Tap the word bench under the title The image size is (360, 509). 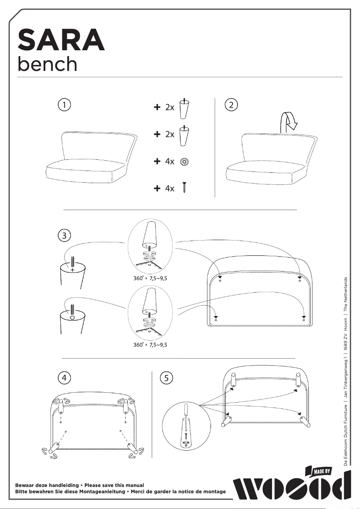pos(47,64)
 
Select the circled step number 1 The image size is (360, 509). pos(65,105)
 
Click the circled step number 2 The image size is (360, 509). pos(231,105)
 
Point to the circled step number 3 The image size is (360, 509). pos(65,235)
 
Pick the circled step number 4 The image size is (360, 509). pos(65,378)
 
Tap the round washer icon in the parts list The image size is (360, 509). pos(184,162)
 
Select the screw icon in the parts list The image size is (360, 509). pos(184,188)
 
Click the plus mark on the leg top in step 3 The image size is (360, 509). pos(72,269)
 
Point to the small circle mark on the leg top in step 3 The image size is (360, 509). pos(72,317)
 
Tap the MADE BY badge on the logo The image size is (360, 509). pos(321,471)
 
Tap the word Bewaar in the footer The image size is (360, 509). pos(26,485)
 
